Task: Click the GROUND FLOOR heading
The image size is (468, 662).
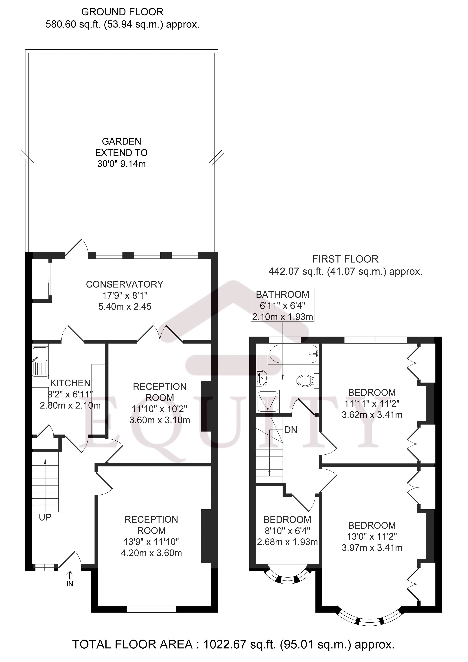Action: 122,12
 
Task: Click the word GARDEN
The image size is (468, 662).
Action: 121,141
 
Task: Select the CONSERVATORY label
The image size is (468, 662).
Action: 124,284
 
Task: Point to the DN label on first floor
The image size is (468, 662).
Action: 291,430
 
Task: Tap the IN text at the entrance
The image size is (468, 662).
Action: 70,584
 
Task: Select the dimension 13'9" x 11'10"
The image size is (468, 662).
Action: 151,542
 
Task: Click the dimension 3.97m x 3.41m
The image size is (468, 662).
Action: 372,547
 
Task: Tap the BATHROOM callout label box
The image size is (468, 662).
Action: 282,305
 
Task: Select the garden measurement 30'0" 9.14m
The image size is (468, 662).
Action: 121,164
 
